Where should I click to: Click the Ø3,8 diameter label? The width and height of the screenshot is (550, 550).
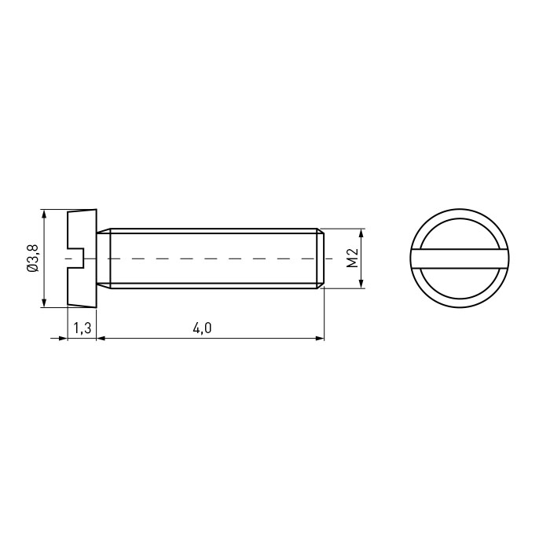33,258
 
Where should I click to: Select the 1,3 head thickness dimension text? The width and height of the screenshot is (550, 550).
82,328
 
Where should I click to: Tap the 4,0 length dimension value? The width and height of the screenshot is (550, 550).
203,328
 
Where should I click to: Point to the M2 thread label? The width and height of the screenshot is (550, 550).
352,258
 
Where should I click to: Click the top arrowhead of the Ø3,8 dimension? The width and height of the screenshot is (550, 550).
44,214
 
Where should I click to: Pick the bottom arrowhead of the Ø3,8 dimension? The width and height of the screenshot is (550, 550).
44,302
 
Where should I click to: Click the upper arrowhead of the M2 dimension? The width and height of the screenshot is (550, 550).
362,233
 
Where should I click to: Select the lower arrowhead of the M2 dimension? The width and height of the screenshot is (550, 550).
362,284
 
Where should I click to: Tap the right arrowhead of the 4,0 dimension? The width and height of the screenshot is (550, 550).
320,338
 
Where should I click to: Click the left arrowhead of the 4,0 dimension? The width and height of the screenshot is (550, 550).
101,338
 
